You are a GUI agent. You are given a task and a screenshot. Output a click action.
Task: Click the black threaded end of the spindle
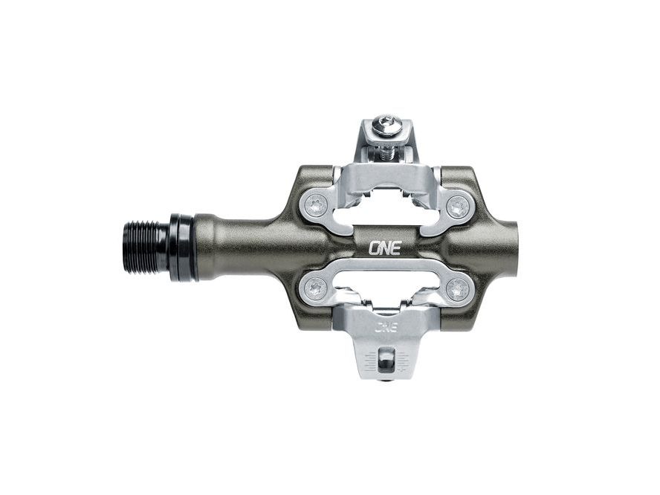pos(146,247)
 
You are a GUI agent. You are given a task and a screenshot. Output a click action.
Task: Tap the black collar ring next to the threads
pos(179,247)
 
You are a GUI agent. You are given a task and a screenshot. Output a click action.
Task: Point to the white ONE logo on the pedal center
pos(385,247)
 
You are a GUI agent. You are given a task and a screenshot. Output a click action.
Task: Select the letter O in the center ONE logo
pos(374,247)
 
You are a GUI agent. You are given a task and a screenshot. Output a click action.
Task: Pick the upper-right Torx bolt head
pos(459,208)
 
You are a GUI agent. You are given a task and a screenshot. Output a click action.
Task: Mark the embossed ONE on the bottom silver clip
pos(385,326)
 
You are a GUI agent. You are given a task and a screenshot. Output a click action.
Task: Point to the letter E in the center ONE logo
pos(395,247)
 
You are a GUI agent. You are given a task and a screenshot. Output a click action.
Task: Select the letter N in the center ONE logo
pos(385,247)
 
